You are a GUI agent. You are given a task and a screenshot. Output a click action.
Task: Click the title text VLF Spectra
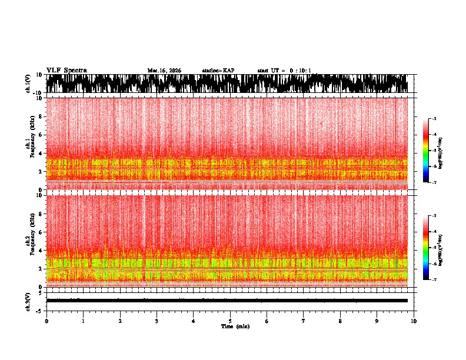66,70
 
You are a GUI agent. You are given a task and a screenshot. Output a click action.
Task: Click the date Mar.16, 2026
164,71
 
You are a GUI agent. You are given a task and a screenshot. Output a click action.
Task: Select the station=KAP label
218,71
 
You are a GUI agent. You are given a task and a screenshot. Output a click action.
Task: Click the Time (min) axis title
235,326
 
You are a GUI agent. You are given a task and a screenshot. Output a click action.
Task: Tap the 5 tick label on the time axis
230,321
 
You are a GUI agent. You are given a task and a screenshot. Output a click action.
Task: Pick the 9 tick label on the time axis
377,321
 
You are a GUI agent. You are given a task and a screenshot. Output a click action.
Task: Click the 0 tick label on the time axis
46,321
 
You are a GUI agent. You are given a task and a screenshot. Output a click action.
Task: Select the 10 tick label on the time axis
414,321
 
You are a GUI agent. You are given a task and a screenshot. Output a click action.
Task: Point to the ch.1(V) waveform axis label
28,84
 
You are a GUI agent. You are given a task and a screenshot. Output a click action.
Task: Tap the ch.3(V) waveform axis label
28,300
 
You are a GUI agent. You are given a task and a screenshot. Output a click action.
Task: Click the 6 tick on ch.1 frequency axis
41,135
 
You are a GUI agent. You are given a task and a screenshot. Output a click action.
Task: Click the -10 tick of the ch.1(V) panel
37,93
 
